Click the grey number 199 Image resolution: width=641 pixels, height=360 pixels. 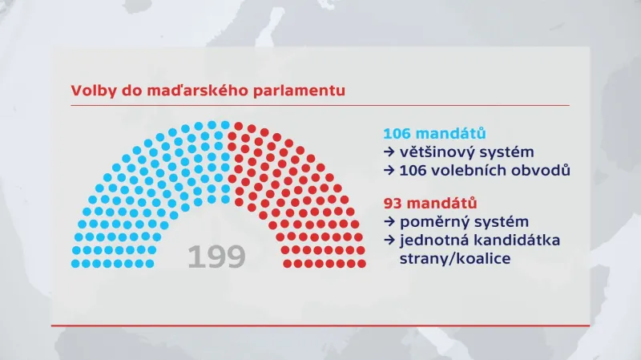(216, 257)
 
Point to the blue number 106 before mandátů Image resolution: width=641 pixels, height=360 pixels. (401, 133)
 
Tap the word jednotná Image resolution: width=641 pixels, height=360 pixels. (433, 241)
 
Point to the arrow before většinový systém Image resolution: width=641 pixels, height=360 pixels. (389, 152)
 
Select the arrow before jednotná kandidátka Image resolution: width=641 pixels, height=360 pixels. (389, 241)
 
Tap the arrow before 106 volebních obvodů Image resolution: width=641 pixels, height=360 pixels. (389, 171)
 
